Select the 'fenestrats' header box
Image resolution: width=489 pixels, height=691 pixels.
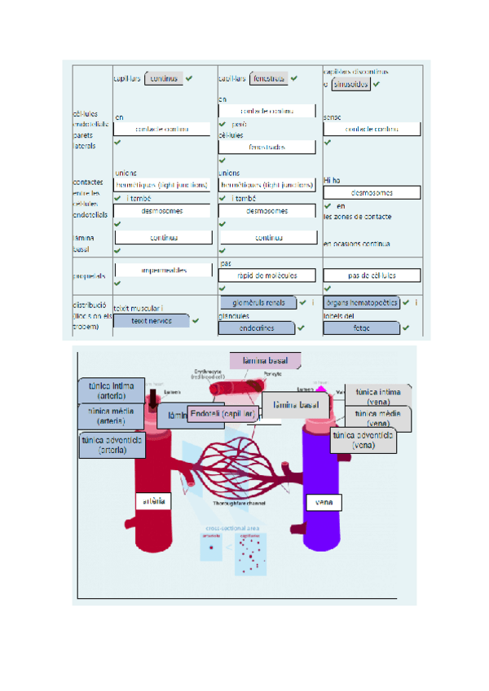click(x=269, y=78)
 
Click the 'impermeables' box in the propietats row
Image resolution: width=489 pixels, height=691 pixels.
click(x=164, y=271)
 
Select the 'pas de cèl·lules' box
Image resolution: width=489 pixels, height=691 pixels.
click(x=371, y=275)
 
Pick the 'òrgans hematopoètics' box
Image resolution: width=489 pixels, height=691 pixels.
click(x=362, y=303)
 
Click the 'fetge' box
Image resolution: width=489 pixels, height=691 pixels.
click(x=361, y=328)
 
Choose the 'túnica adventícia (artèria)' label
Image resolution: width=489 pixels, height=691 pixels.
click(x=112, y=444)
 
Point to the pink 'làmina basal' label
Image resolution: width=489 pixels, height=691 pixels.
click(x=264, y=360)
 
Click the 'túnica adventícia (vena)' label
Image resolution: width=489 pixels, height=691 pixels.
click(x=364, y=441)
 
